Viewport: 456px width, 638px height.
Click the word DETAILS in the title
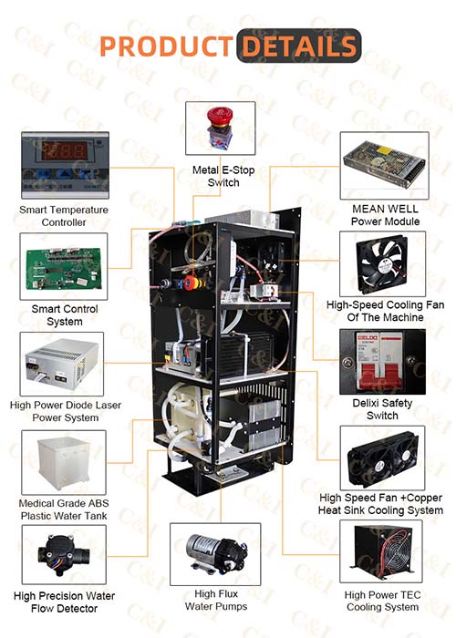click(299, 46)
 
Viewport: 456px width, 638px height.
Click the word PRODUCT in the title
click(167, 46)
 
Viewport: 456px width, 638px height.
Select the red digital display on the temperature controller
click(65, 150)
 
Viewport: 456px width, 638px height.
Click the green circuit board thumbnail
click(64, 267)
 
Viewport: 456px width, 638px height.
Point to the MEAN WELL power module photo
click(384, 166)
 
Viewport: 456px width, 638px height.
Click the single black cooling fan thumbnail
click(382, 264)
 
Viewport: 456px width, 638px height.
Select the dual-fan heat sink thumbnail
click(382, 458)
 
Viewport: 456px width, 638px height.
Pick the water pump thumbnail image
click(215, 554)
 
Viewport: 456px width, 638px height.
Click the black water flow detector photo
click(64, 554)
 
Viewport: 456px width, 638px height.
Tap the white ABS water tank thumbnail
click(64, 463)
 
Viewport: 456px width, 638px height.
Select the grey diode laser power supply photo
click(62, 364)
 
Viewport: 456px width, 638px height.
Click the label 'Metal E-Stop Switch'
click(223, 176)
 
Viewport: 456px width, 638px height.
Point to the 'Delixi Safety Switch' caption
click(382, 409)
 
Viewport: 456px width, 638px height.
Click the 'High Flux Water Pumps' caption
click(216, 600)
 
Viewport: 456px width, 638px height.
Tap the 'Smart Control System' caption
click(65, 315)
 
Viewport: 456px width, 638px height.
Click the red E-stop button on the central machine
click(191, 283)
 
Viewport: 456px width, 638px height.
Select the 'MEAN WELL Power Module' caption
click(385, 215)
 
